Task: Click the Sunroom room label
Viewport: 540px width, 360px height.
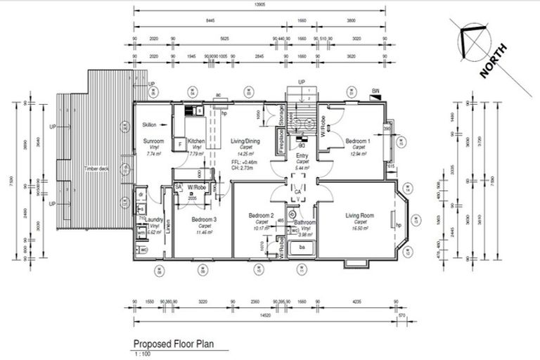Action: click(x=153, y=141)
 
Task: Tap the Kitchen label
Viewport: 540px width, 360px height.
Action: click(x=195, y=141)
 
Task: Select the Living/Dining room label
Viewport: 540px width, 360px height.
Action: click(x=245, y=141)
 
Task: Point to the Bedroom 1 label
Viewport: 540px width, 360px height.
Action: click(x=359, y=141)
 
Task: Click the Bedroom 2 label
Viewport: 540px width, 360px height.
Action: click(x=261, y=215)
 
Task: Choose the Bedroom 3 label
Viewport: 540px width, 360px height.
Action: click(x=205, y=220)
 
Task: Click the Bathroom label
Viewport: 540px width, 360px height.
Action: click(x=305, y=223)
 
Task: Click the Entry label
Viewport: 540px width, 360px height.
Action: click(x=302, y=156)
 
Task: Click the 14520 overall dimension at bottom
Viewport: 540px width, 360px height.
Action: click(x=264, y=316)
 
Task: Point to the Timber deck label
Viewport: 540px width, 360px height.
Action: click(x=97, y=169)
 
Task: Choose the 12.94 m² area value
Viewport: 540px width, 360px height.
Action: click(x=358, y=153)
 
